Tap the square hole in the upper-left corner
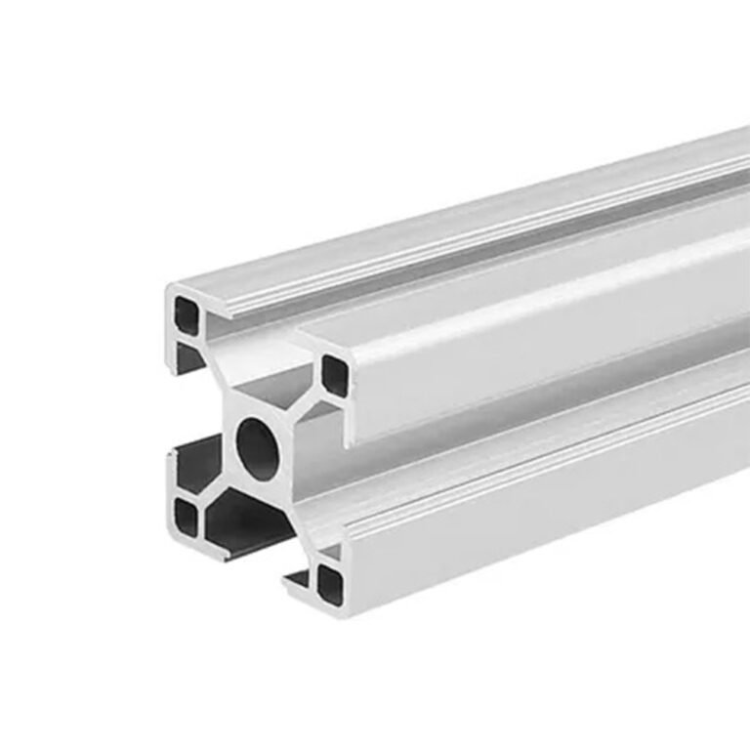pos(186,312)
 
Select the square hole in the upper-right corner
pos(334,376)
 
